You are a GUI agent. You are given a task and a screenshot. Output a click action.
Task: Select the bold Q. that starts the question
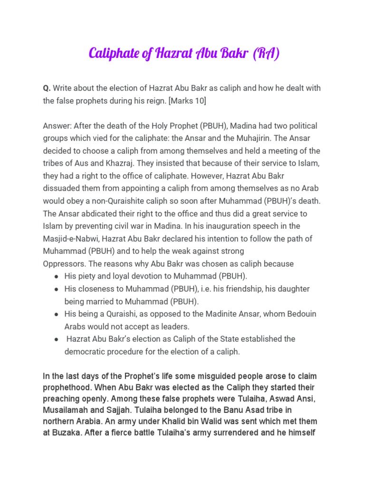coord(47,88)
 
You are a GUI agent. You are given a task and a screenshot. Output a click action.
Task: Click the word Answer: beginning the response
coord(58,126)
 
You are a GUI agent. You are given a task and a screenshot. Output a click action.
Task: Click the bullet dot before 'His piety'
coord(57,276)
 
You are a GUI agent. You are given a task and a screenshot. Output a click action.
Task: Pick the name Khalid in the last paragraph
coord(191,421)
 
